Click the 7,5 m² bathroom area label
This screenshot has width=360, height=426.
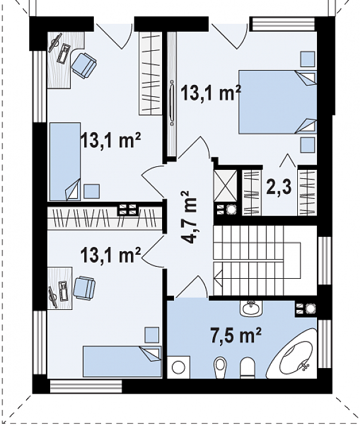236,336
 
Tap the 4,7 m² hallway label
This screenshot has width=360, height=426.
188,217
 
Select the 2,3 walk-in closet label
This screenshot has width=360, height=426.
279,187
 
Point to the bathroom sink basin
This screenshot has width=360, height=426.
251,308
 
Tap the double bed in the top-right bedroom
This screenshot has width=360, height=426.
277,102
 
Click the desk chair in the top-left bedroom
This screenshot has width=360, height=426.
84,65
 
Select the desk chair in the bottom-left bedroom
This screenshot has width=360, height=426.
84,288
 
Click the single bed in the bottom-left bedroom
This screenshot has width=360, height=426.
122,361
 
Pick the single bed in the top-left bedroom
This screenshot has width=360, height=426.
65,162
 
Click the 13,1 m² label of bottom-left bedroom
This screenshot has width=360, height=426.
111,255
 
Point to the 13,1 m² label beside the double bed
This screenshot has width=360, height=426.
210,92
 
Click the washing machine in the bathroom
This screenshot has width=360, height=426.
178,367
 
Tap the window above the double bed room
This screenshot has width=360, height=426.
282,24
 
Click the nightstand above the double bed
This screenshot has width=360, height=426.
307,59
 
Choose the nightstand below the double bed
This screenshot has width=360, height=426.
307,145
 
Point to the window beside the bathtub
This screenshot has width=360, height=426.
325,343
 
